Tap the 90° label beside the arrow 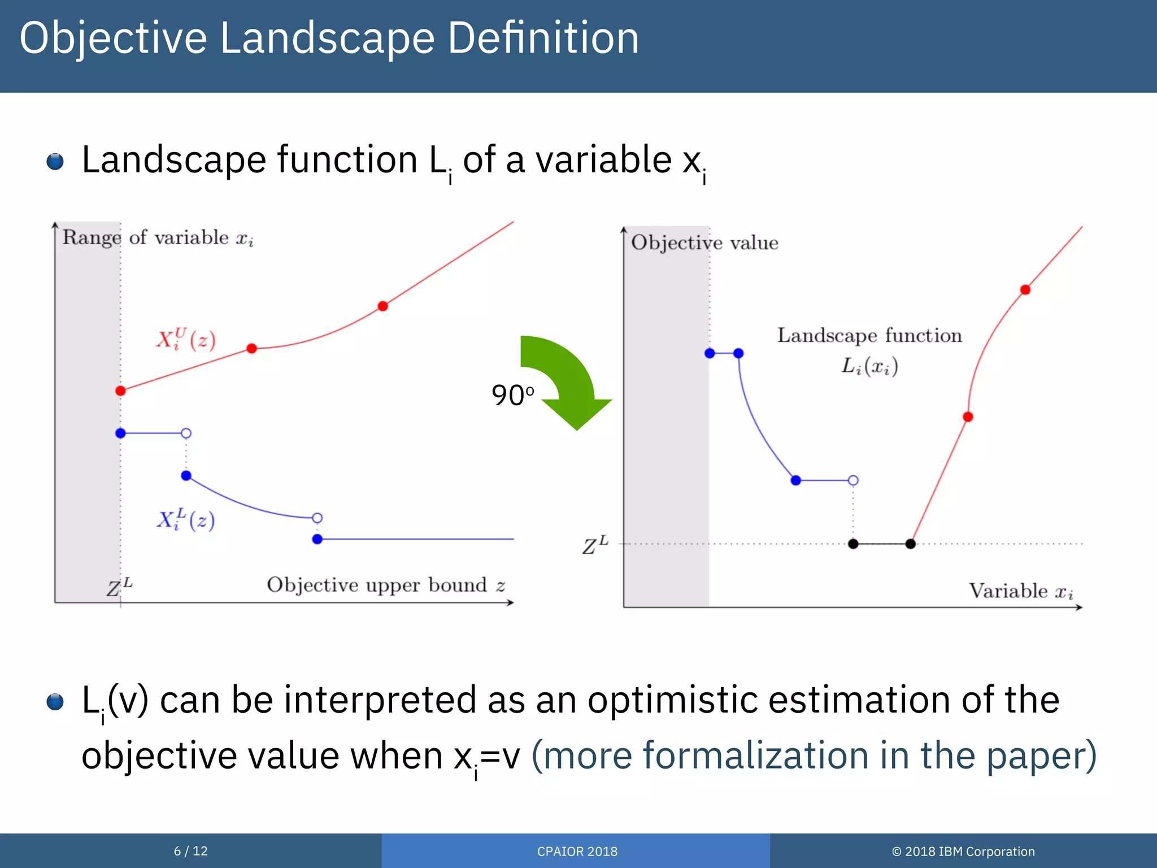(512, 395)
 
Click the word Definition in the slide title (543, 38)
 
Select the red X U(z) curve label (186, 340)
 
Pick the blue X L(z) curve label (186, 519)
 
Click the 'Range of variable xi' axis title (158, 238)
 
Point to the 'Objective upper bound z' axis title (386, 585)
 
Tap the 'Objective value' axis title (704, 243)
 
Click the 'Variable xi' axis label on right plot (1021, 591)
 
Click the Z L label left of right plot (595, 545)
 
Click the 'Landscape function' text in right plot (869, 336)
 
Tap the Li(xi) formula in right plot (869, 366)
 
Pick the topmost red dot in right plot (1025, 290)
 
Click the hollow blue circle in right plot (853, 480)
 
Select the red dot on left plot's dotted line (120, 390)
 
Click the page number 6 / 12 (190, 851)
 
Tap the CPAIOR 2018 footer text (577, 852)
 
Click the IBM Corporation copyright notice (963, 852)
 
